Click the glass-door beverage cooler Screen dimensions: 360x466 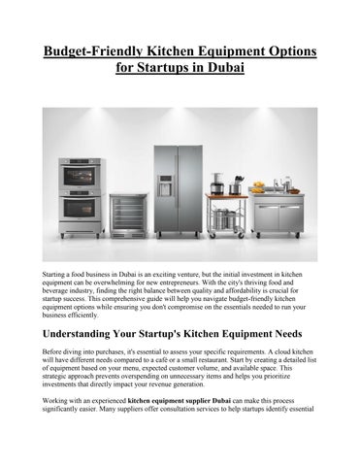(x=129, y=216)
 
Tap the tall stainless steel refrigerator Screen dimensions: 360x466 (x=179, y=189)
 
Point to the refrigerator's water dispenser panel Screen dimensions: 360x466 (x=165, y=184)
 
